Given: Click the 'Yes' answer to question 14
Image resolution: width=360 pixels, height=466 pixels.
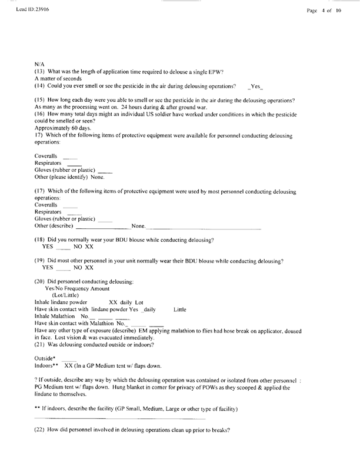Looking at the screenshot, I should point(256,86).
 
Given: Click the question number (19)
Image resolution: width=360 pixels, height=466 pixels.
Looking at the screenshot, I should point(41,260).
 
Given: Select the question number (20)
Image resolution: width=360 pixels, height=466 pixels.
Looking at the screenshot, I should point(41,281).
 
